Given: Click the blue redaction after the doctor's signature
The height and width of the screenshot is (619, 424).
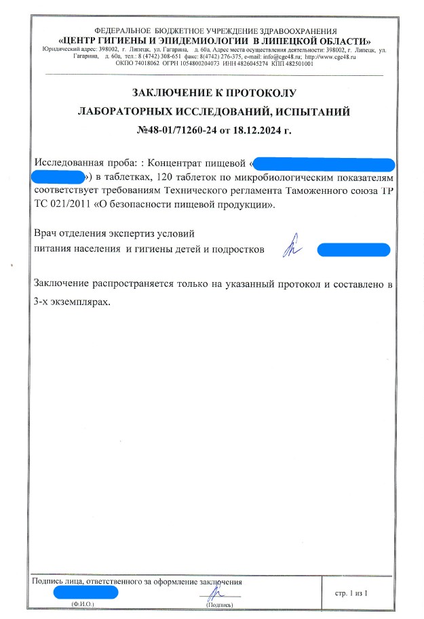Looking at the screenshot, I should pos(353,249).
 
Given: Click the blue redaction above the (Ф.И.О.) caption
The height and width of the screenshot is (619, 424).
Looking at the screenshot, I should pos(86,592).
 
